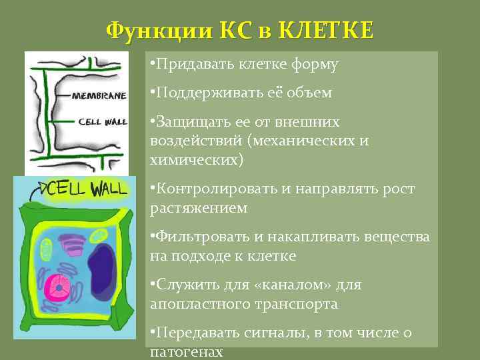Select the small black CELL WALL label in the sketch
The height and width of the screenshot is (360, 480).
[100, 122]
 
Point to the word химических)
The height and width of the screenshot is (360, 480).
[197, 161]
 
